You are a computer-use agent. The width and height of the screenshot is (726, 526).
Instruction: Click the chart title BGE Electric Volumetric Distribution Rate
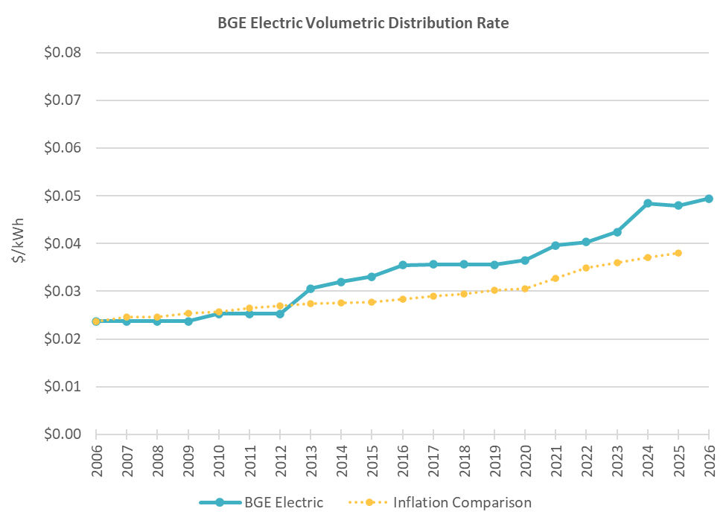(x=363, y=23)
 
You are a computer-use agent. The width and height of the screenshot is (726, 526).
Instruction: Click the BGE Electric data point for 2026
(x=708, y=199)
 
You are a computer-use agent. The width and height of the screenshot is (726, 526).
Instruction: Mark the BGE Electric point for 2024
(x=647, y=203)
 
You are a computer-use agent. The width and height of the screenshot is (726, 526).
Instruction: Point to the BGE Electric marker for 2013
(x=311, y=289)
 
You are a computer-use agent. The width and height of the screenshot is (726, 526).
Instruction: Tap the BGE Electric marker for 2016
(x=402, y=265)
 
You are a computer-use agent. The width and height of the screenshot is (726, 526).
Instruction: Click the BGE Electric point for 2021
(x=555, y=246)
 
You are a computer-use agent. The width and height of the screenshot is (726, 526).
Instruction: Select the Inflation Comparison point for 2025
(x=678, y=253)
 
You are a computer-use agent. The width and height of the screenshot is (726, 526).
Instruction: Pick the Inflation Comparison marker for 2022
(x=586, y=268)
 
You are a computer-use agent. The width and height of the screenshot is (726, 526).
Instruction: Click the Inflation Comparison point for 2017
(x=433, y=296)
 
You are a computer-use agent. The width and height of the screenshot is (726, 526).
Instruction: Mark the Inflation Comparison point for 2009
(x=188, y=313)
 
